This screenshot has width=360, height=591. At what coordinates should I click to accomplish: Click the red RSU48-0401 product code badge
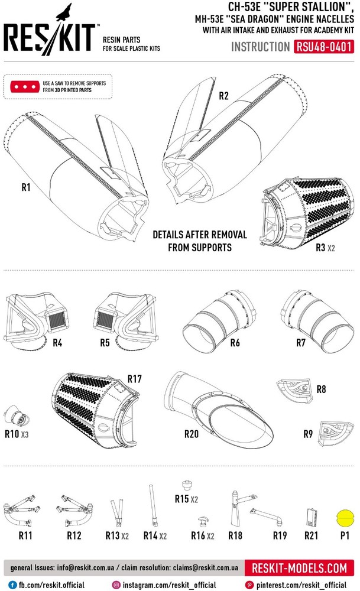click(323, 47)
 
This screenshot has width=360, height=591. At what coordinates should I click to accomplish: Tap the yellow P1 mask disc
click(345, 518)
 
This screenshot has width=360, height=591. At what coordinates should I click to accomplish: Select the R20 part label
click(192, 434)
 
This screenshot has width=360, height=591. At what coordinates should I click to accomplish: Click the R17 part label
click(135, 379)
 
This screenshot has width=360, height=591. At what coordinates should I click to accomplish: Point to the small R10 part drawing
click(16, 417)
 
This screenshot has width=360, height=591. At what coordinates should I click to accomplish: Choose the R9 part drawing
click(336, 433)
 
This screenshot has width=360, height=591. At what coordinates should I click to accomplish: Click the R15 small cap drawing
click(187, 485)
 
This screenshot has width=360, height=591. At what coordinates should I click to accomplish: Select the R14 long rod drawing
click(154, 506)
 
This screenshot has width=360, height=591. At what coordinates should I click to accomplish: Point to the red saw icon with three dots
click(25, 87)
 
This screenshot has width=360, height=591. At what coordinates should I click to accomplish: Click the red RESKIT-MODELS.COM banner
click(299, 568)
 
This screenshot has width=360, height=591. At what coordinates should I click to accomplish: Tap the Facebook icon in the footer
click(13, 585)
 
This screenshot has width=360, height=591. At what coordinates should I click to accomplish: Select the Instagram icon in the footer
click(116, 585)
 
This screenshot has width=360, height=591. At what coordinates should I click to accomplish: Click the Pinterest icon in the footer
click(249, 585)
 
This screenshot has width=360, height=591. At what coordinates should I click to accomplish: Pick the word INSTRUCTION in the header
click(261, 47)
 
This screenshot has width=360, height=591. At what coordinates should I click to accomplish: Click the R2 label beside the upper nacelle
click(224, 96)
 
